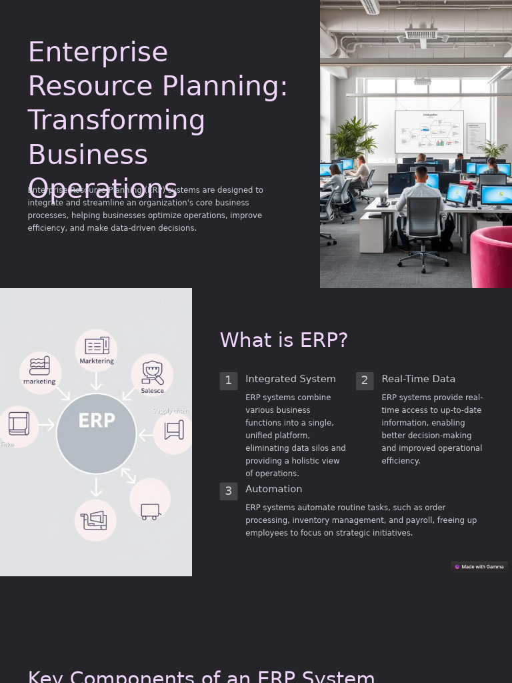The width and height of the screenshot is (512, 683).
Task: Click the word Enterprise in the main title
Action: click(x=97, y=52)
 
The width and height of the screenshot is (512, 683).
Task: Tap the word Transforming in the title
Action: click(x=116, y=120)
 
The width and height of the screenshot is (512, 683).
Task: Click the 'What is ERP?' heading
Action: click(x=283, y=340)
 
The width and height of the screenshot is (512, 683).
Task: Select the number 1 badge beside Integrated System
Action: click(x=228, y=381)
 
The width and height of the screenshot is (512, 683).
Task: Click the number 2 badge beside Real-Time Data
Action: click(x=365, y=381)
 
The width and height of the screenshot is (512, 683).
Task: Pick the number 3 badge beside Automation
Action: click(x=228, y=492)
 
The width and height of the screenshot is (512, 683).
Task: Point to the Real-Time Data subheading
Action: click(x=418, y=379)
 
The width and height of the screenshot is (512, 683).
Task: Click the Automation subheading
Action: click(x=273, y=489)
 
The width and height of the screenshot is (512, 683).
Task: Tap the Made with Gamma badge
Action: click(x=479, y=567)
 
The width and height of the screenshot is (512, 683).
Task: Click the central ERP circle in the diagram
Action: click(x=97, y=434)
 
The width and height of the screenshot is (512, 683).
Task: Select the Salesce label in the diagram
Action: click(x=153, y=391)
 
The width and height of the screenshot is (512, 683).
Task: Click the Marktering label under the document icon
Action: click(x=97, y=361)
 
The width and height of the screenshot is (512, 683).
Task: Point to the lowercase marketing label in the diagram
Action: click(x=39, y=382)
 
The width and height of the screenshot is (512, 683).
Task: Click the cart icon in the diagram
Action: click(x=151, y=512)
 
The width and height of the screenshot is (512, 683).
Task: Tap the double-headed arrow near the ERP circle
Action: click(x=129, y=475)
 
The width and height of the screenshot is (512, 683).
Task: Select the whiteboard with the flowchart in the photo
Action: click(x=429, y=131)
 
